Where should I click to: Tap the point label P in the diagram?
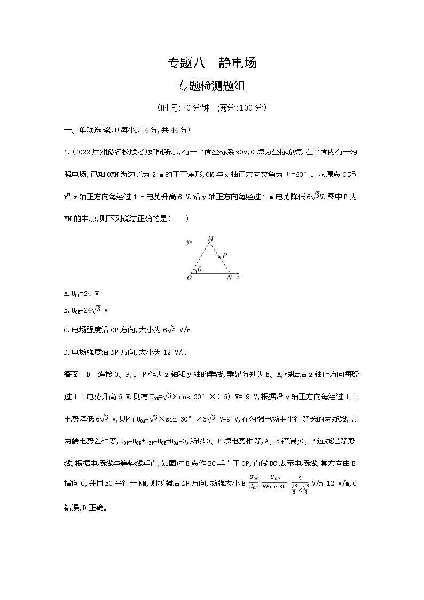(225, 256)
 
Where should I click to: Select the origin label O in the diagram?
(189, 277)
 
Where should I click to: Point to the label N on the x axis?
(229, 278)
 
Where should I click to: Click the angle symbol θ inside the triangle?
(200, 269)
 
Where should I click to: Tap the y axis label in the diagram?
(188, 242)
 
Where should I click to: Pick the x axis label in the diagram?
(239, 277)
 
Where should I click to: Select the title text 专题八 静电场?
(212, 63)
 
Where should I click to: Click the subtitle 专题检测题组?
(212, 85)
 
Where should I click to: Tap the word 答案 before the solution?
(71, 375)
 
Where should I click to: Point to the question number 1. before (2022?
(66, 152)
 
